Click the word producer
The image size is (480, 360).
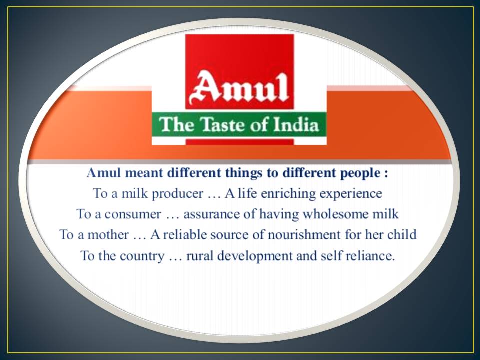point(178,194)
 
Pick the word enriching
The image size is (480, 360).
point(288,194)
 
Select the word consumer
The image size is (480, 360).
point(133,215)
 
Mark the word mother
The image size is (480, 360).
point(108,235)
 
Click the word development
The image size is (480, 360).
point(255,256)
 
